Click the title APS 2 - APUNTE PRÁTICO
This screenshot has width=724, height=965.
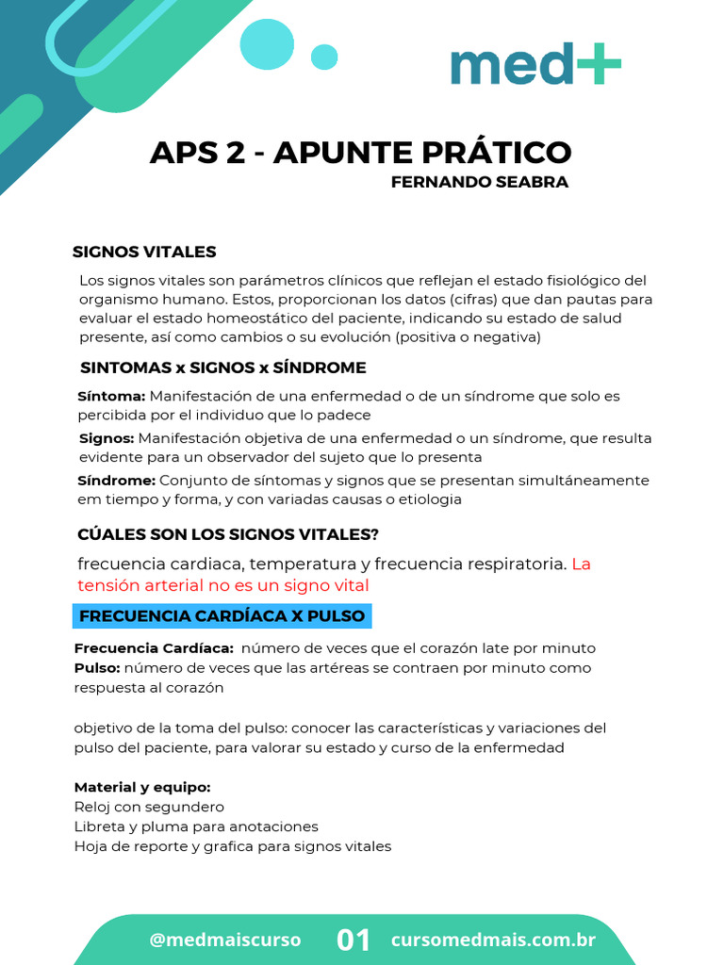tap(360, 152)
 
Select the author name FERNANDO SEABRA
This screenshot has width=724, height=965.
tap(479, 183)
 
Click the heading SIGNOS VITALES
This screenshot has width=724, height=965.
tap(144, 252)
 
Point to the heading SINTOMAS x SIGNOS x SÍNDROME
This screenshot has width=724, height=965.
tap(222, 368)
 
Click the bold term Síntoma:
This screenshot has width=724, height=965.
tap(111, 397)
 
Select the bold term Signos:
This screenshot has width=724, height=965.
tap(107, 438)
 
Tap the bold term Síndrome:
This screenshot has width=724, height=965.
tap(116, 481)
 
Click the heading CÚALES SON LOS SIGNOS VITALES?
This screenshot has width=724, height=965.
tap(227, 534)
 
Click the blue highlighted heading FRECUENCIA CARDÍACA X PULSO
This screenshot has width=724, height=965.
tap(222, 616)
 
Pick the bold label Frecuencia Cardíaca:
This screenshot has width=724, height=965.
tap(154, 648)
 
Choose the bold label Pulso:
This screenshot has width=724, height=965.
tap(97, 668)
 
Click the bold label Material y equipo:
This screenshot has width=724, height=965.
tap(141, 787)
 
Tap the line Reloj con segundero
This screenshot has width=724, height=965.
tap(149, 807)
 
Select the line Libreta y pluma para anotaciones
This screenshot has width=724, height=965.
tap(196, 826)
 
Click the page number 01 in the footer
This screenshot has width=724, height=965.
tap(354, 940)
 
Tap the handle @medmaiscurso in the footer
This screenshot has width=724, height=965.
tap(225, 940)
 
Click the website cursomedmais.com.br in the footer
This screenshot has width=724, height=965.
tap(493, 940)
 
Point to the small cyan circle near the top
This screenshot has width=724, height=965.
tap(324, 57)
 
